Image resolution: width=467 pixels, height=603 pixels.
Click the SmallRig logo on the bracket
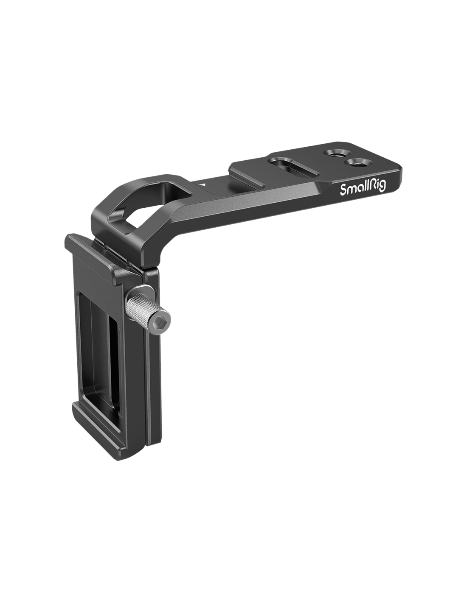point(363,189)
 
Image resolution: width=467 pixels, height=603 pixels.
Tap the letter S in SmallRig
point(343,190)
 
